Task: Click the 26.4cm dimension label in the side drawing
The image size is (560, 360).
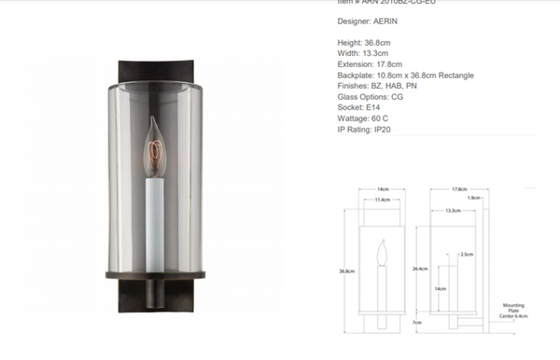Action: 421,269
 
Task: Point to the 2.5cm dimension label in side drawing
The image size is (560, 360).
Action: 467,254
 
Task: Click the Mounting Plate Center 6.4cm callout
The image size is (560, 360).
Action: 514,312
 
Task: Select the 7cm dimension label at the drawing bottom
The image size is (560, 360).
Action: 419,322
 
